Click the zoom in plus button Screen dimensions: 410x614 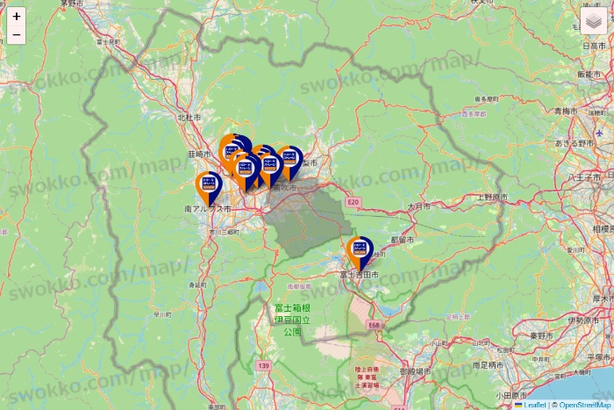click(x=17, y=16)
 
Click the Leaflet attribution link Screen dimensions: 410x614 click(x=534, y=405)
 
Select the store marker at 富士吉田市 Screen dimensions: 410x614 click(x=359, y=252)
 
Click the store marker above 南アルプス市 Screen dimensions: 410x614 click(x=208, y=186)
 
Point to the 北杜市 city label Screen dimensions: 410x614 click(x=189, y=117)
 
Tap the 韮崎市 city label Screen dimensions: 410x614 click(x=201, y=154)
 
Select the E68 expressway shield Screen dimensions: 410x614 click(x=374, y=325)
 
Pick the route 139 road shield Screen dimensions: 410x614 click(x=262, y=364)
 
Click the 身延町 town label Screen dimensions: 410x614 click(x=198, y=285)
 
